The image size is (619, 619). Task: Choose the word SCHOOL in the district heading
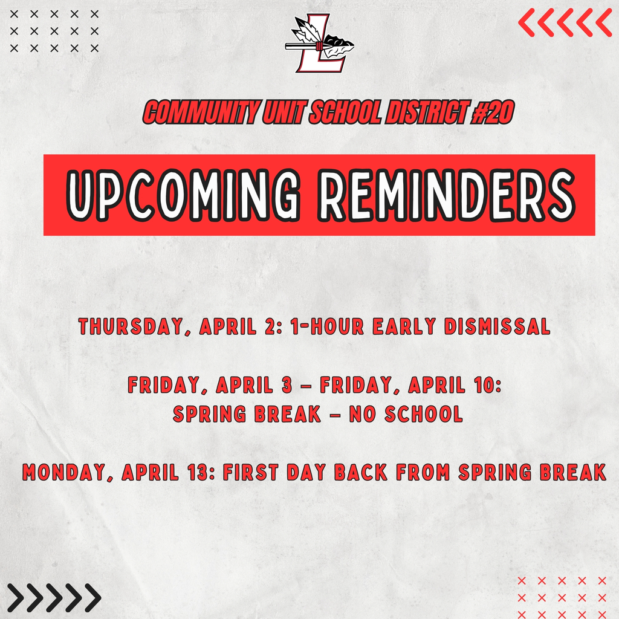coord(343,113)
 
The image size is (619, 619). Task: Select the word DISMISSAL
coord(497,327)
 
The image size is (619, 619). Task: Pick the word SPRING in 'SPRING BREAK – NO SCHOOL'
coord(205,415)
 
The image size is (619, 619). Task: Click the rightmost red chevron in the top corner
coord(603,22)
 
